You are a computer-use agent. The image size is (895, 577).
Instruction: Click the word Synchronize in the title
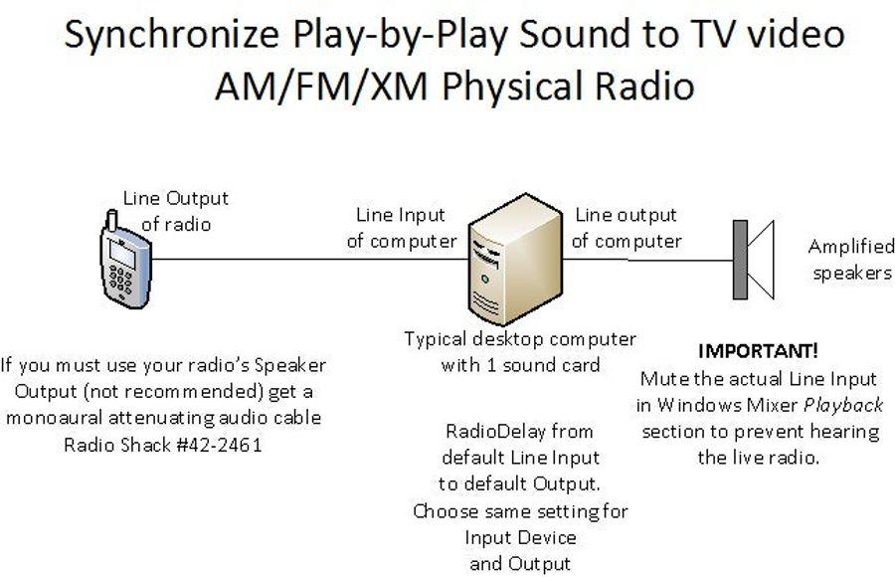tap(171, 34)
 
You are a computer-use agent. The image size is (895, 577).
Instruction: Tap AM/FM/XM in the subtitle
tap(321, 87)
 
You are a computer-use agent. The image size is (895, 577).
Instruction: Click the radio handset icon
tap(125, 260)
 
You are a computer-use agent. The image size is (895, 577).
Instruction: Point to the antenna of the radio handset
tap(111, 220)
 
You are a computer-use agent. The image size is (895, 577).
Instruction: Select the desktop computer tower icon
tap(515, 259)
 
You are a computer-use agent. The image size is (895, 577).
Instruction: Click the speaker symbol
tap(754, 260)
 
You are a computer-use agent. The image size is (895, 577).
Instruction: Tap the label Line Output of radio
tap(176, 211)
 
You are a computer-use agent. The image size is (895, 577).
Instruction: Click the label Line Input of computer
tap(402, 228)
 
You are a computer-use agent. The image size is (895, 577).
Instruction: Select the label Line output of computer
tap(626, 228)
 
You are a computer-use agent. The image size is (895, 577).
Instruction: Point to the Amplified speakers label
tap(851, 260)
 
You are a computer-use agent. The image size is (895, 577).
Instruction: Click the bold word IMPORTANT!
tap(758, 351)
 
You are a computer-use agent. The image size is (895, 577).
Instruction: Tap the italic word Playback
tap(843, 405)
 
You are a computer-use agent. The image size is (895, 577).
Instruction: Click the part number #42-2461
tap(219, 445)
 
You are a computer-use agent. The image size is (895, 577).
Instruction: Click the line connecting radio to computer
tap(310, 260)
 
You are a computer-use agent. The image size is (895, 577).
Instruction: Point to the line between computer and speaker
tap(647, 260)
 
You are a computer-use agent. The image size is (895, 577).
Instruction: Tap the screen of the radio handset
tap(122, 253)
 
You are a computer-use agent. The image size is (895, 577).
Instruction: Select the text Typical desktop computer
tap(520, 339)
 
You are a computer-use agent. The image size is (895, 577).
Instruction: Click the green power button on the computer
tap(484, 280)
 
